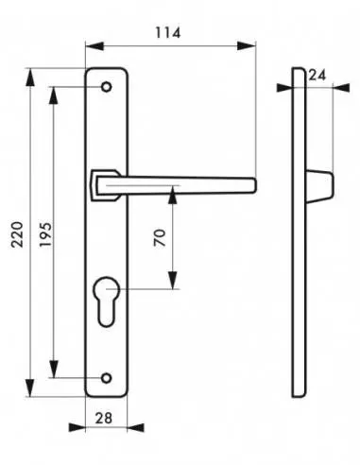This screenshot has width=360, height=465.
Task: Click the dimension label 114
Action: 168,33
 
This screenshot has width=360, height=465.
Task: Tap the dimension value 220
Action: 17,234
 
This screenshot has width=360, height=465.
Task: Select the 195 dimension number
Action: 45,234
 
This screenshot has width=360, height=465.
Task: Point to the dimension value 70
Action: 160,237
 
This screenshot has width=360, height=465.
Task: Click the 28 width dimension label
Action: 104,418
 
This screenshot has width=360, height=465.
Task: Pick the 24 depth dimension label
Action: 317,76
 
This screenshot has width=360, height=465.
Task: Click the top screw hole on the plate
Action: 107,87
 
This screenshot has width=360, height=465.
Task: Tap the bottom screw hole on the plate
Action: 107,378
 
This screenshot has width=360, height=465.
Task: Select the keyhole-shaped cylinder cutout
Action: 107,301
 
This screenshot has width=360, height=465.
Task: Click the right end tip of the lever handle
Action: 255,185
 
